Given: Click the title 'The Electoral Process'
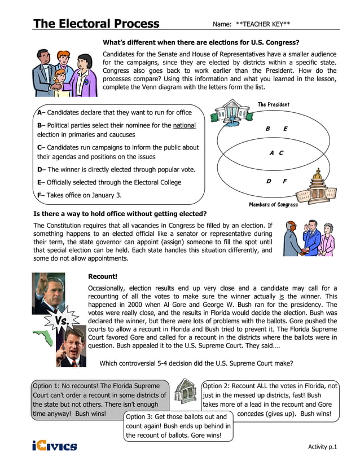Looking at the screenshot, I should tap(96, 23).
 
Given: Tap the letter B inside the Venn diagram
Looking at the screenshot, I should tap(268, 129).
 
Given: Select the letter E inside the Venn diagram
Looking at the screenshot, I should tap(286, 129).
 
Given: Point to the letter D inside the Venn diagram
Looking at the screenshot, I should tap(269, 181).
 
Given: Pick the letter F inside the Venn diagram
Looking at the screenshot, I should tap(285, 181).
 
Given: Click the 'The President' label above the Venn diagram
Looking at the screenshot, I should tap(273, 104).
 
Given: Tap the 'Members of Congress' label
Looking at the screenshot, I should tap(273, 205).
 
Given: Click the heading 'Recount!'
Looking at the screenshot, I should tap(103, 276).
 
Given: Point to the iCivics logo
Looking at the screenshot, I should tap(54, 446).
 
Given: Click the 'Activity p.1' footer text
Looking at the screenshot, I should tap(322, 447).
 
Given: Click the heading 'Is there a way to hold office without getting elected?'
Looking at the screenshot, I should tap(120, 214).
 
